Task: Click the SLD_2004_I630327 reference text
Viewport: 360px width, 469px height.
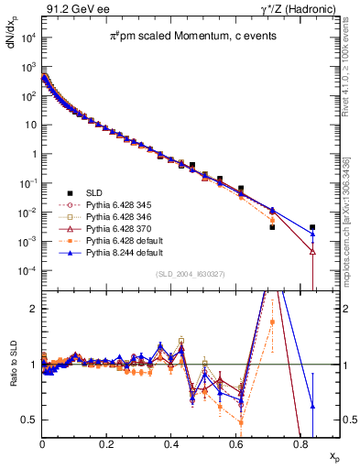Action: point(181,276)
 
